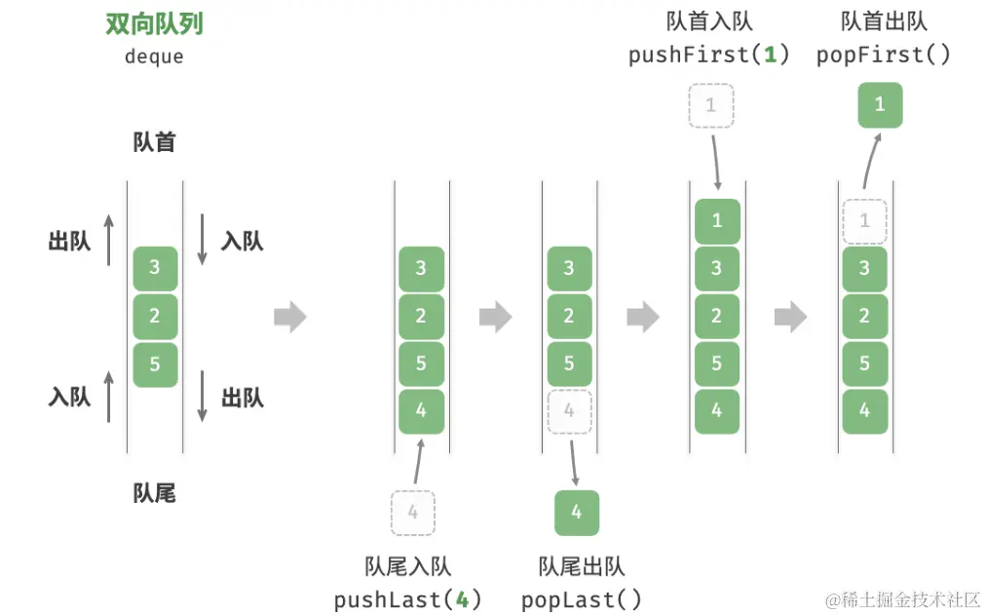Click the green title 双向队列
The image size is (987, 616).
point(154,24)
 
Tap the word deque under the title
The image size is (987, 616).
point(154,56)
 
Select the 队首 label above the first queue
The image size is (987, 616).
point(154,142)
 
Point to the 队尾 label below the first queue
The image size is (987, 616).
point(154,493)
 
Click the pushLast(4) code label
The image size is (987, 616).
point(407,599)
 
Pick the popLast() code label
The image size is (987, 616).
point(582,599)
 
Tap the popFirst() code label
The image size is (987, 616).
point(883,55)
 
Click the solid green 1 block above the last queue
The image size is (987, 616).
point(880,104)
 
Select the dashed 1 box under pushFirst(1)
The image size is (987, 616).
point(710,104)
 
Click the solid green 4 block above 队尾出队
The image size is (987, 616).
point(577,512)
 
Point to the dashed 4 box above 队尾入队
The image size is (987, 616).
point(412,512)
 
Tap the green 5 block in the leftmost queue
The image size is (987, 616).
point(155,365)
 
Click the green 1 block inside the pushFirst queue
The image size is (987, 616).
point(717,221)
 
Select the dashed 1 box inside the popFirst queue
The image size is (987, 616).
point(864,221)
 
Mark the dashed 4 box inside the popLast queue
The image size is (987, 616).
point(569,411)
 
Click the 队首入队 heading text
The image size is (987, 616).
point(709,21)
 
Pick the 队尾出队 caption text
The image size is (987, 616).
point(582,566)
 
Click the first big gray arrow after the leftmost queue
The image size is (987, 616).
point(290,317)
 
